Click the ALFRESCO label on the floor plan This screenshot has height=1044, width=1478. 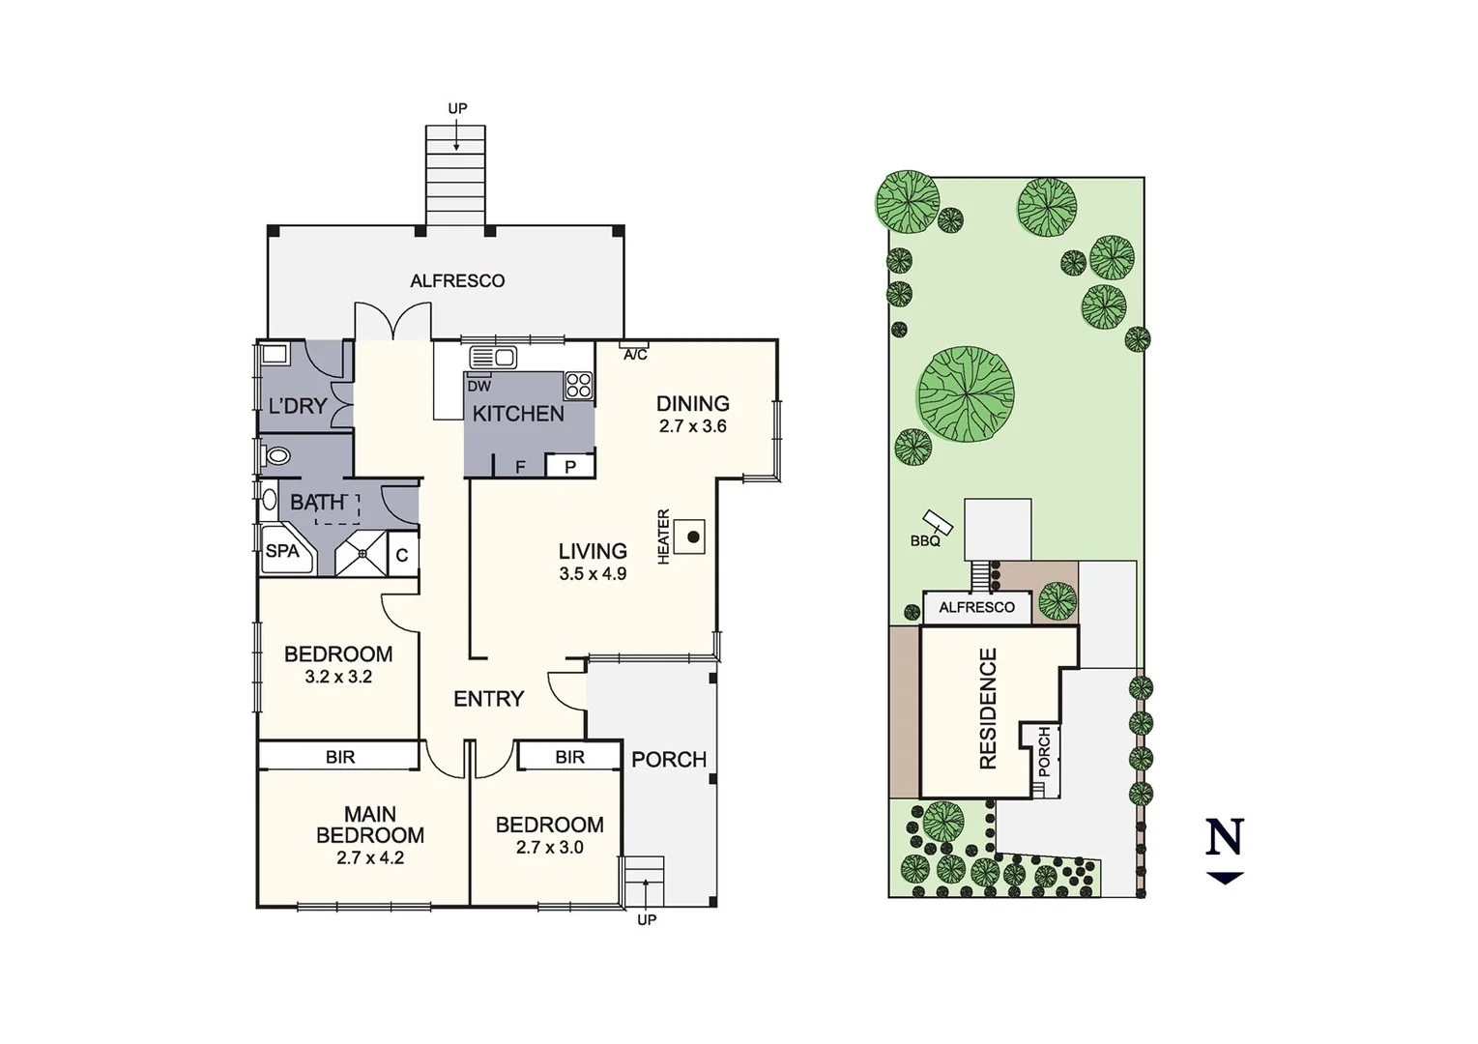pos(457,281)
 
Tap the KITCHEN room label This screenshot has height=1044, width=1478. pos(518,414)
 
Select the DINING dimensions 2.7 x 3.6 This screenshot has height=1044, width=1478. pos(692,426)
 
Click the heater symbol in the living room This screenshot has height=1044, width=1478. pos(692,536)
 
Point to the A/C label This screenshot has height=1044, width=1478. pos(635,355)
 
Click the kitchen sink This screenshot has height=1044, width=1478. pos(493,358)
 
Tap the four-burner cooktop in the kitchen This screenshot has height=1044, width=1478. pos(579,385)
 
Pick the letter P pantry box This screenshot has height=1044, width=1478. pos(570,467)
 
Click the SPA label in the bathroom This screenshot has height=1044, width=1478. pos(282,551)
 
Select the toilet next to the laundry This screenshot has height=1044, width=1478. pos(277,455)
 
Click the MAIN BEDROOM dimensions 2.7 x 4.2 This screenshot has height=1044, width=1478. pos(370,857)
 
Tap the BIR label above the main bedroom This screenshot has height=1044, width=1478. pos(340,757)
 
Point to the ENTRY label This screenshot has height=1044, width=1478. pos(488,699)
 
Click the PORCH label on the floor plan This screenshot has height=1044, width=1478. pos(669,760)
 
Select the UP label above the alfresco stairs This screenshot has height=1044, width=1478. pos(457,108)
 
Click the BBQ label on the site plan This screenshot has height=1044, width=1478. pos(925,541)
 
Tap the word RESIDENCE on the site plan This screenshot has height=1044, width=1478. pos(988,709)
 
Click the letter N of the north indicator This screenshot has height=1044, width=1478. pos(1224,837)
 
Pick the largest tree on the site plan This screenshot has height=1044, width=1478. pos(966,394)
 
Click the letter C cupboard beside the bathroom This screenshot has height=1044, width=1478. pos(402,556)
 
